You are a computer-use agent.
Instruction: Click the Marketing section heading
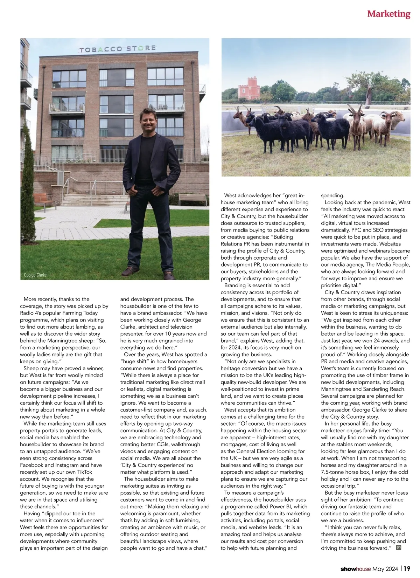tap(388, 14)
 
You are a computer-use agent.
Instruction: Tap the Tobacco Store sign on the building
tap(117, 49)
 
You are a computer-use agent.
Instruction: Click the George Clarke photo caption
tap(35, 275)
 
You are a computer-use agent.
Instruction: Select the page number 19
tap(407, 569)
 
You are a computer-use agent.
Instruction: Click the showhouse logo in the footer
tap(355, 569)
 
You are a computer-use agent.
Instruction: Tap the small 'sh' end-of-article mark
tap(398, 547)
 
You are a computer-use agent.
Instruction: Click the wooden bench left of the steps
tap(45, 200)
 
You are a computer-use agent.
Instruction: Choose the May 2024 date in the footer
tap(385, 569)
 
